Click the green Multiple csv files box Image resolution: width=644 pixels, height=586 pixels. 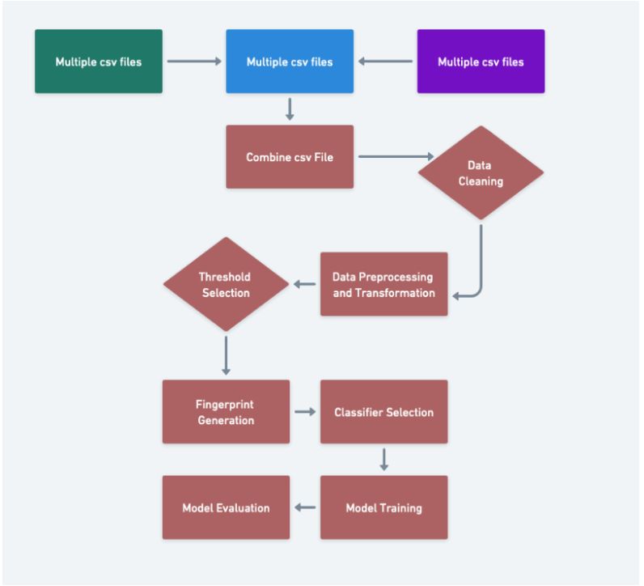[x=99, y=62]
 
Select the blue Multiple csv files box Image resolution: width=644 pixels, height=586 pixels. [x=290, y=62]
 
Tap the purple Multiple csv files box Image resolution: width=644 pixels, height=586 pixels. [x=481, y=62]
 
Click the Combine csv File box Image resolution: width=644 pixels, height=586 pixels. [x=290, y=156]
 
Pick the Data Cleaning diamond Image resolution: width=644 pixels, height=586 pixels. [x=481, y=172]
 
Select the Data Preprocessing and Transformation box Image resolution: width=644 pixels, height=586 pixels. [x=383, y=284]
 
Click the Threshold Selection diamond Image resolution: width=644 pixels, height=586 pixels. [x=225, y=284]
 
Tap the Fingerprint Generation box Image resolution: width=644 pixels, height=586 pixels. [x=226, y=412]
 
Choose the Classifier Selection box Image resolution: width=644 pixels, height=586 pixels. [x=383, y=412]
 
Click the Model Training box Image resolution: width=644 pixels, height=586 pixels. [x=383, y=507]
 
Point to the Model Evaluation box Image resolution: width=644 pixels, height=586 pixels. [x=226, y=507]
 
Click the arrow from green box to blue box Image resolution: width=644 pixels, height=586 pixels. [x=194, y=62]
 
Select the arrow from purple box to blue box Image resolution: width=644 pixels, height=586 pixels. [x=386, y=62]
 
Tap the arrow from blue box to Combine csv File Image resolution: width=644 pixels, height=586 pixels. [x=290, y=108]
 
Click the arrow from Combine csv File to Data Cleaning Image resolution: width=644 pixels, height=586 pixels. [x=392, y=156]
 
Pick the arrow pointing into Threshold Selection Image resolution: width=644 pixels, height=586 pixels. [x=304, y=284]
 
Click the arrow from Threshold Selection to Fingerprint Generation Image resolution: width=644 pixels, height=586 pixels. [x=226, y=355]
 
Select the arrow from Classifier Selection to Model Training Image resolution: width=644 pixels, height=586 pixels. [x=383, y=459]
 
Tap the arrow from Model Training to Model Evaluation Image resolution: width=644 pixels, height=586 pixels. [x=304, y=507]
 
